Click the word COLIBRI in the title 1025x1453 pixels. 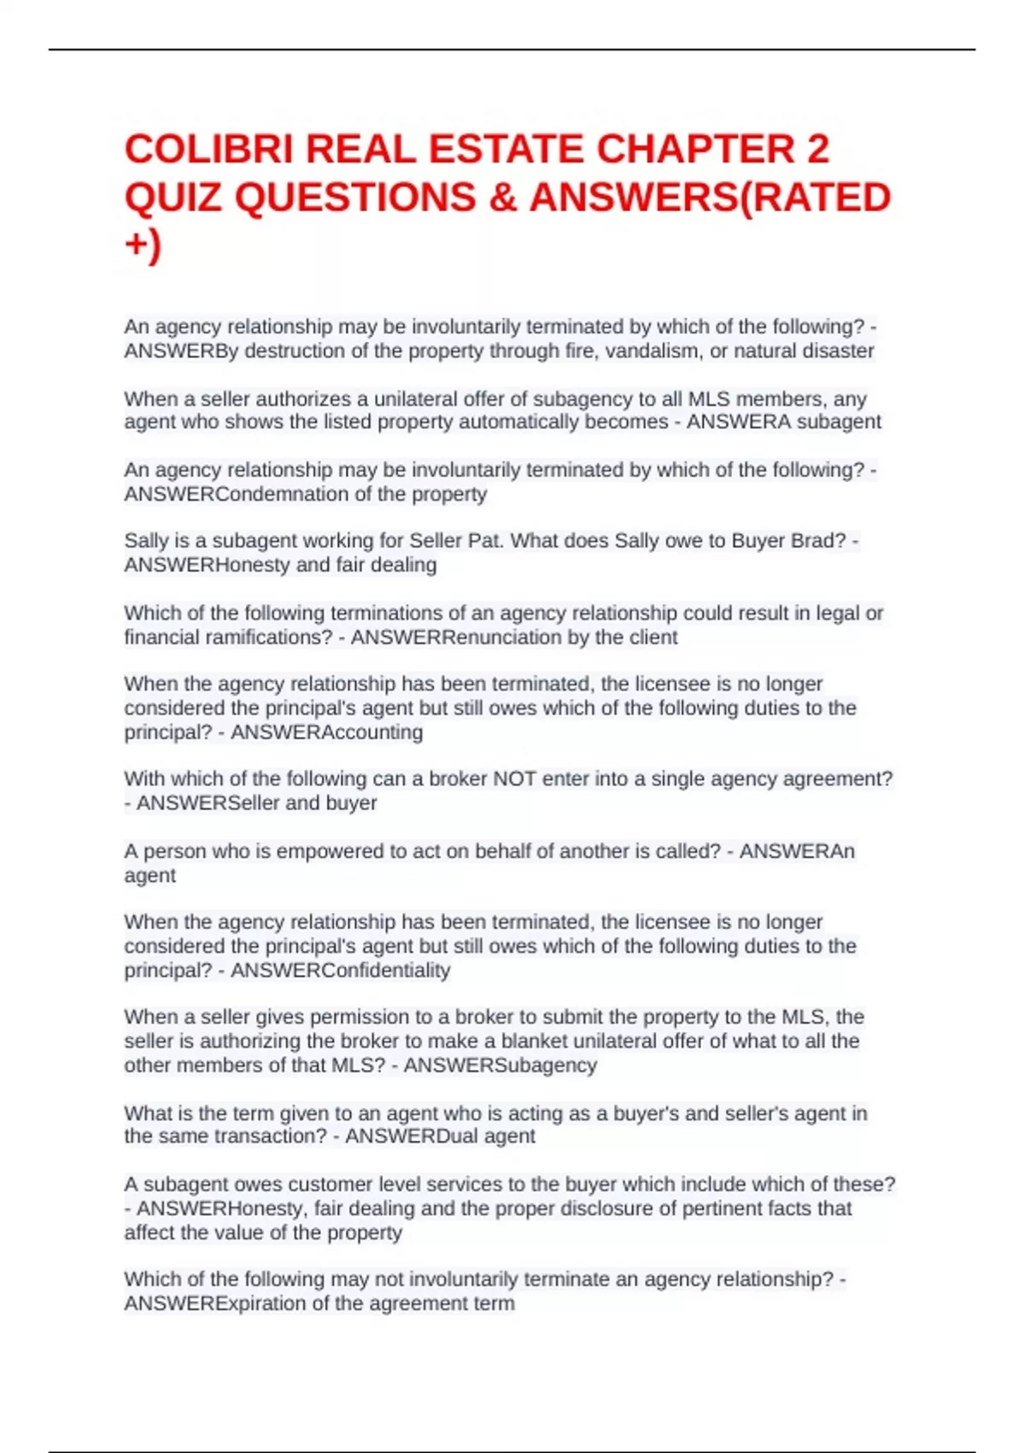209,150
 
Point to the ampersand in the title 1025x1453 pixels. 503,198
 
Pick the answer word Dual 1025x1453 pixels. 458,1137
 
